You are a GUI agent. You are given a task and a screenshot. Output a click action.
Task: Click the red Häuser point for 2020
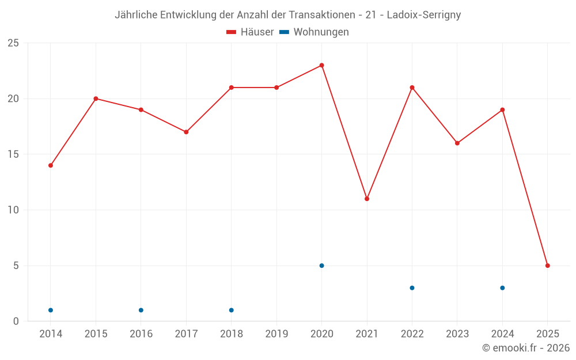pyautogui.click(x=321, y=65)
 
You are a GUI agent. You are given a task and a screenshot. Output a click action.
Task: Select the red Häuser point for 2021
pyautogui.click(x=367, y=199)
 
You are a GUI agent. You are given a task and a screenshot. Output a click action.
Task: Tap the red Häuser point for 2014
pyautogui.click(x=51, y=165)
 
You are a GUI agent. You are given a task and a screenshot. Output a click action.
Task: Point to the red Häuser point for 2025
pyautogui.click(x=548, y=266)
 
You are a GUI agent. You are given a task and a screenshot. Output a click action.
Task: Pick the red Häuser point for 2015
pyautogui.click(x=96, y=98)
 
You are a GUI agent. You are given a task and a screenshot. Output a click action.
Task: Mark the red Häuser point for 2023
pyautogui.click(x=457, y=143)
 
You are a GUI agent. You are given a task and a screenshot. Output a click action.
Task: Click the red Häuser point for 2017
pyautogui.click(x=186, y=132)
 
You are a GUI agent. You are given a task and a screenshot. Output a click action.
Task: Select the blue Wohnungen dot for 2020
pyautogui.click(x=321, y=266)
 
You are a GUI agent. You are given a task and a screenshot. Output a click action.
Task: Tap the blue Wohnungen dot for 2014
pyautogui.click(x=51, y=310)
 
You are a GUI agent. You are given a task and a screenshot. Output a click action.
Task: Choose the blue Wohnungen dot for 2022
pyautogui.click(x=412, y=288)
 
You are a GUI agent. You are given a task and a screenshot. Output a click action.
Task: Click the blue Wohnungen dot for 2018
pyautogui.click(x=232, y=310)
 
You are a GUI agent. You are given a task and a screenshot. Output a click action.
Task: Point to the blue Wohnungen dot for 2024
pyautogui.click(x=502, y=288)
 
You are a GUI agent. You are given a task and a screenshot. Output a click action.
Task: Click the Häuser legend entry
pyautogui.click(x=250, y=32)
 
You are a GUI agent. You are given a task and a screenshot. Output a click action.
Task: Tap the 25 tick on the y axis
pyautogui.click(x=13, y=43)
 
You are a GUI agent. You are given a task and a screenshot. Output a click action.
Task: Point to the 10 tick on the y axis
pyautogui.click(x=13, y=210)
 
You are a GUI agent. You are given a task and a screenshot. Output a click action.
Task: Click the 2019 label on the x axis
pyautogui.click(x=276, y=334)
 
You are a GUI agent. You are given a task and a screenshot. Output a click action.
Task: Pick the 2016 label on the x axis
pyautogui.click(x=141, y=334)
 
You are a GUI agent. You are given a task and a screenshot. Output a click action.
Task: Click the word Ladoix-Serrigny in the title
pyautogui.click(x=424, y=15)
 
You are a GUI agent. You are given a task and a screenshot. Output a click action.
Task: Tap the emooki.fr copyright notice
pyautogui.click(x=526, y=348)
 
